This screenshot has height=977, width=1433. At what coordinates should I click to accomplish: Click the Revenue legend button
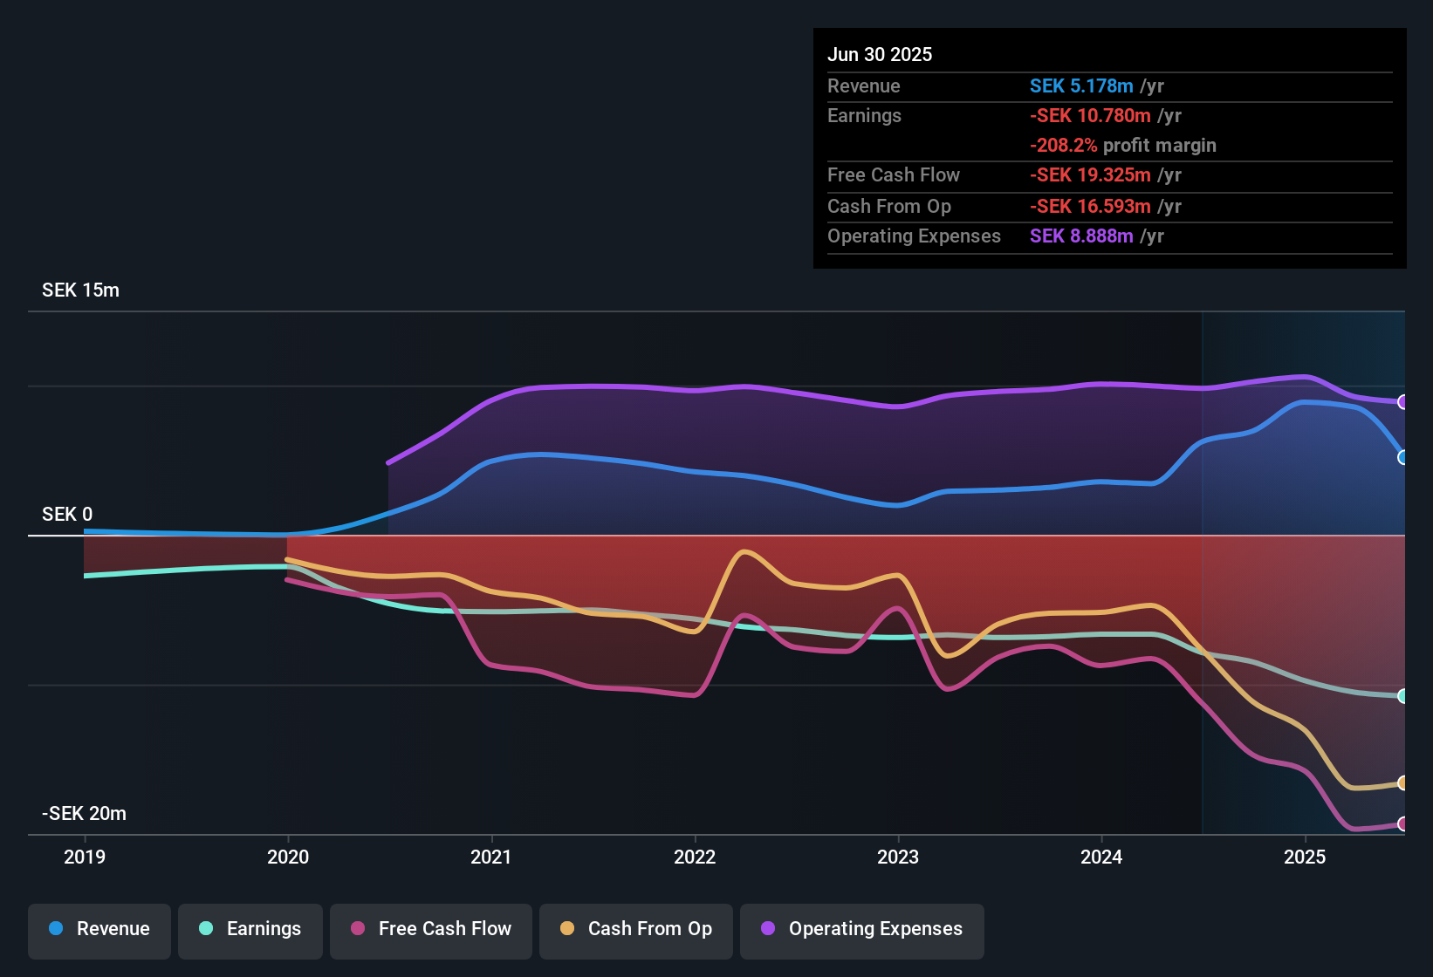[x=99, y=929]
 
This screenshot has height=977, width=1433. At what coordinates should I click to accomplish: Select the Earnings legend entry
[x=250, y=929]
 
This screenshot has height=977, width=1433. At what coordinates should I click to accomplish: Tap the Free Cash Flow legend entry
[x=431, y=929]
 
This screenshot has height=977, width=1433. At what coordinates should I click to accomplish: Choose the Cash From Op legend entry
[x=636, y=929]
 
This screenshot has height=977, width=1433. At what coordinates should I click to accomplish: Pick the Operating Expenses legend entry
[x=862, y=929]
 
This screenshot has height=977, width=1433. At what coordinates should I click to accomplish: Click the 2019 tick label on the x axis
[x=85, y=857]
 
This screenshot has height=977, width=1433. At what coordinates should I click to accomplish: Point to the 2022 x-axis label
[x=695, y=857]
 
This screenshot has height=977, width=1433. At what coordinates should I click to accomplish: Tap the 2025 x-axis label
[x=1305, y=857]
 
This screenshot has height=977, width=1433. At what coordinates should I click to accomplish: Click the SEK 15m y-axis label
[x=80, y=290]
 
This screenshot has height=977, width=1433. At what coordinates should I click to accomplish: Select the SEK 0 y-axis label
[x=67, y=515]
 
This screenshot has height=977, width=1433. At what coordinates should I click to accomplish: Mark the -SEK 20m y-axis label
[x=84, y=814]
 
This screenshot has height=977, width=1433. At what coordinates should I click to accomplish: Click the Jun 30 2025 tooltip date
[x=880, y=55]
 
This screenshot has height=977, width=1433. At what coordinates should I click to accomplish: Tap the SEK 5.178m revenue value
[x=1081, y=86]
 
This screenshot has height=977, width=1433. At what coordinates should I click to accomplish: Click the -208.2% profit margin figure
[x=1063, y=146]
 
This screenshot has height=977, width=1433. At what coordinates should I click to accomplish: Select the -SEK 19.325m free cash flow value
[x=1090, y=175]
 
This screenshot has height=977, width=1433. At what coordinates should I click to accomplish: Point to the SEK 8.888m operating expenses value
[x=1081, y=236]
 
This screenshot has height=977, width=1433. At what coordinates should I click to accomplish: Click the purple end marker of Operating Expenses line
[x=1402, y=402]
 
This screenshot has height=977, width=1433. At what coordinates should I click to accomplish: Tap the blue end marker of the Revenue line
[x=1402, y=457]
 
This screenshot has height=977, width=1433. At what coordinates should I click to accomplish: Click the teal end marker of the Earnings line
[x=1402, y=696]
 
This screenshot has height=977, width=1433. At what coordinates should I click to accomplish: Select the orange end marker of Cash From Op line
[x=1402, y=783]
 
